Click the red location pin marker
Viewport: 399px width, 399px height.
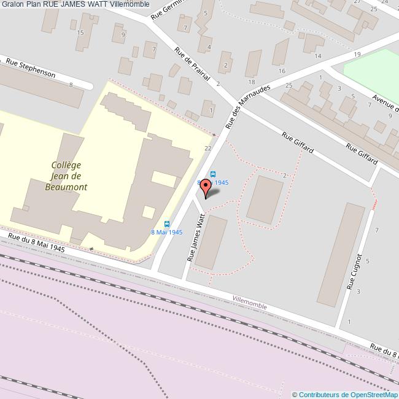[207, 186]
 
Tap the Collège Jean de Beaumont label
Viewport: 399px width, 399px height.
[66, 176]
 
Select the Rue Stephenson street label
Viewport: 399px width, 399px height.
[31, 68]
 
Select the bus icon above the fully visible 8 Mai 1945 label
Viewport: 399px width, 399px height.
[166, 223]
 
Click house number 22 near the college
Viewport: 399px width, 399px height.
[208, 148]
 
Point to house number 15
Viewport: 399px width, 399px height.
[80, 32]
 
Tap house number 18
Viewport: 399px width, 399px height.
[251, 82]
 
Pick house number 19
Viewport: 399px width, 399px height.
[357, 55]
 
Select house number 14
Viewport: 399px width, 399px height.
[317, 56]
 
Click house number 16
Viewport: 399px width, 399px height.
[282, 71]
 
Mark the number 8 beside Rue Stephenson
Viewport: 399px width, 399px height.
[71, 85]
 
